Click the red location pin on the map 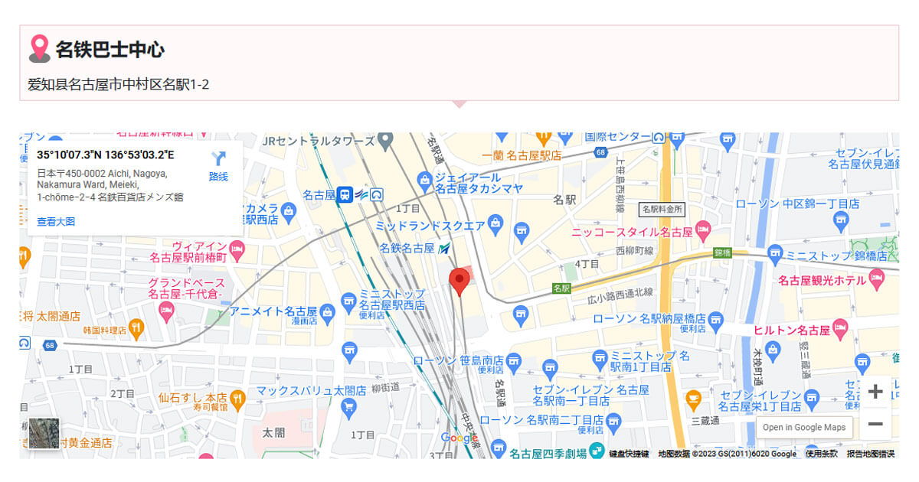[x=459, y=280]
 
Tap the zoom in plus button [x=875, y=392]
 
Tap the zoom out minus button [x=875, y=424]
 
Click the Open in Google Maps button [x=804, y=428]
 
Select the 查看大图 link [x=56, y=222]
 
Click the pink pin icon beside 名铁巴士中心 [x=39, y=49]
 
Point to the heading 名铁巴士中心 [x=110, y=50]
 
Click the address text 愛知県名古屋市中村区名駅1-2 [x=119, y=84]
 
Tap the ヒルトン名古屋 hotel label [x=792, y=331]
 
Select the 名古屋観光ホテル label [x=822, y=281]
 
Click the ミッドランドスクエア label [x=430, y=226]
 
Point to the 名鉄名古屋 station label [x=407, y=249]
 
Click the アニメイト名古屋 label [x=273, y=311]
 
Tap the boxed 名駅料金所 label [x=662, y=209]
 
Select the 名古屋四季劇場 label [x=548, y=453]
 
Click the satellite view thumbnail [x=44, y=434]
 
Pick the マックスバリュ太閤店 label [x=300, y=391]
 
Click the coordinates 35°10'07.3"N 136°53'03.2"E [x=106, y=155]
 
